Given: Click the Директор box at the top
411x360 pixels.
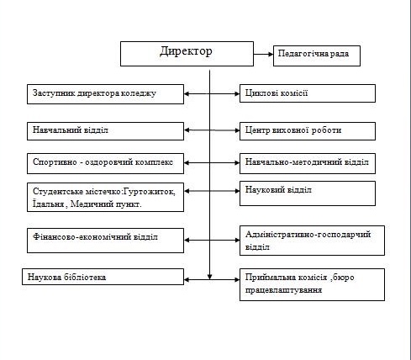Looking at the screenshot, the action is pos(187,54).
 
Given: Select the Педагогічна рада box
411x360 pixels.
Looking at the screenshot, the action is pos(317,56).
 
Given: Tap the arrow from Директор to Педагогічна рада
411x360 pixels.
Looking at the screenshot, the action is pos(263,54).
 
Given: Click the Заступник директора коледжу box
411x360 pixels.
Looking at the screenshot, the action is pos(105,94).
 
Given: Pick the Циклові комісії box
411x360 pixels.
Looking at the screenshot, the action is pos(308,93).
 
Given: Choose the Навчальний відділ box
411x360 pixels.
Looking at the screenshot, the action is pos(105,131).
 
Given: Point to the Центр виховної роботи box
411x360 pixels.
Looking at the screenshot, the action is pos(308,131).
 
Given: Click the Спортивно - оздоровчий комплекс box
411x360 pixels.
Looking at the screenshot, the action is pos(105,163).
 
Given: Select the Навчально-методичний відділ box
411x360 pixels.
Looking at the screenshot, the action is pos(308,163).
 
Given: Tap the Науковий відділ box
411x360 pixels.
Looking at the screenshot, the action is pos(308,193).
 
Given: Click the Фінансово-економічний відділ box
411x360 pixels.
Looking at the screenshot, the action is pos(105,241).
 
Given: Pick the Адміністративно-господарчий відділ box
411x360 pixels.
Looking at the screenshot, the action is pos(312,241).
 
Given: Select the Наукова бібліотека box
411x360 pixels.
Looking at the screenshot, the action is pos(103,277).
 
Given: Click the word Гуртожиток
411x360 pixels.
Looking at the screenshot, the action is pos(150,192).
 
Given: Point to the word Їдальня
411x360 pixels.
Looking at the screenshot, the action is pos(49,204).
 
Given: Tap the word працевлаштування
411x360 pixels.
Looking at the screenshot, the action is pos(283,290).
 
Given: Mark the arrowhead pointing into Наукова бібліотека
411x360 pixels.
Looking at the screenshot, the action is pos(187,279).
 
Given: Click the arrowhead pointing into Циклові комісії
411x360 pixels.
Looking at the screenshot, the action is pos(237,93).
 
